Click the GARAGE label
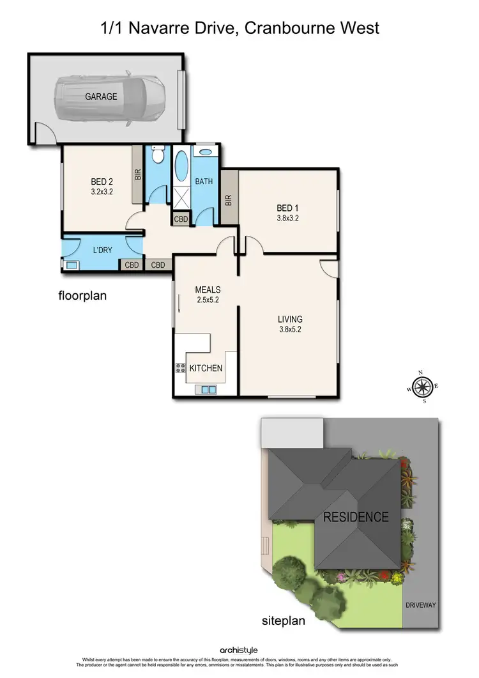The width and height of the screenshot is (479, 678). pos(102,97)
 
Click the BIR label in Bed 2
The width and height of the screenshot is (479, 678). pos(137,176)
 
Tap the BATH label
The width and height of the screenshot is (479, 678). pos(204,181)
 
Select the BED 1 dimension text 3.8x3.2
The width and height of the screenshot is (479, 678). pos(287,218)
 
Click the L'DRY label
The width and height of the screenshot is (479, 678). pos(103,250)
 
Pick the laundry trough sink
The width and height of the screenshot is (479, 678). pos(70,265)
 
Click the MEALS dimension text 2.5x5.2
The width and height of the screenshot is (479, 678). pos(208,300)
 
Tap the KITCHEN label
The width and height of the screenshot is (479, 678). pos(206,368)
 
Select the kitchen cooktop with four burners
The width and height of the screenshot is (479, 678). pos(180,368)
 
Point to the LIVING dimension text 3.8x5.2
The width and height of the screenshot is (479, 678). pos(289,330)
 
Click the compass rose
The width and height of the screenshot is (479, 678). pos(422,386)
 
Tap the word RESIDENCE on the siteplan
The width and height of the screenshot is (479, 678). pos(356,517)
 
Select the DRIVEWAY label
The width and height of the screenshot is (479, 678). pos(421,605)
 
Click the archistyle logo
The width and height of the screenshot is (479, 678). pos(239,650)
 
